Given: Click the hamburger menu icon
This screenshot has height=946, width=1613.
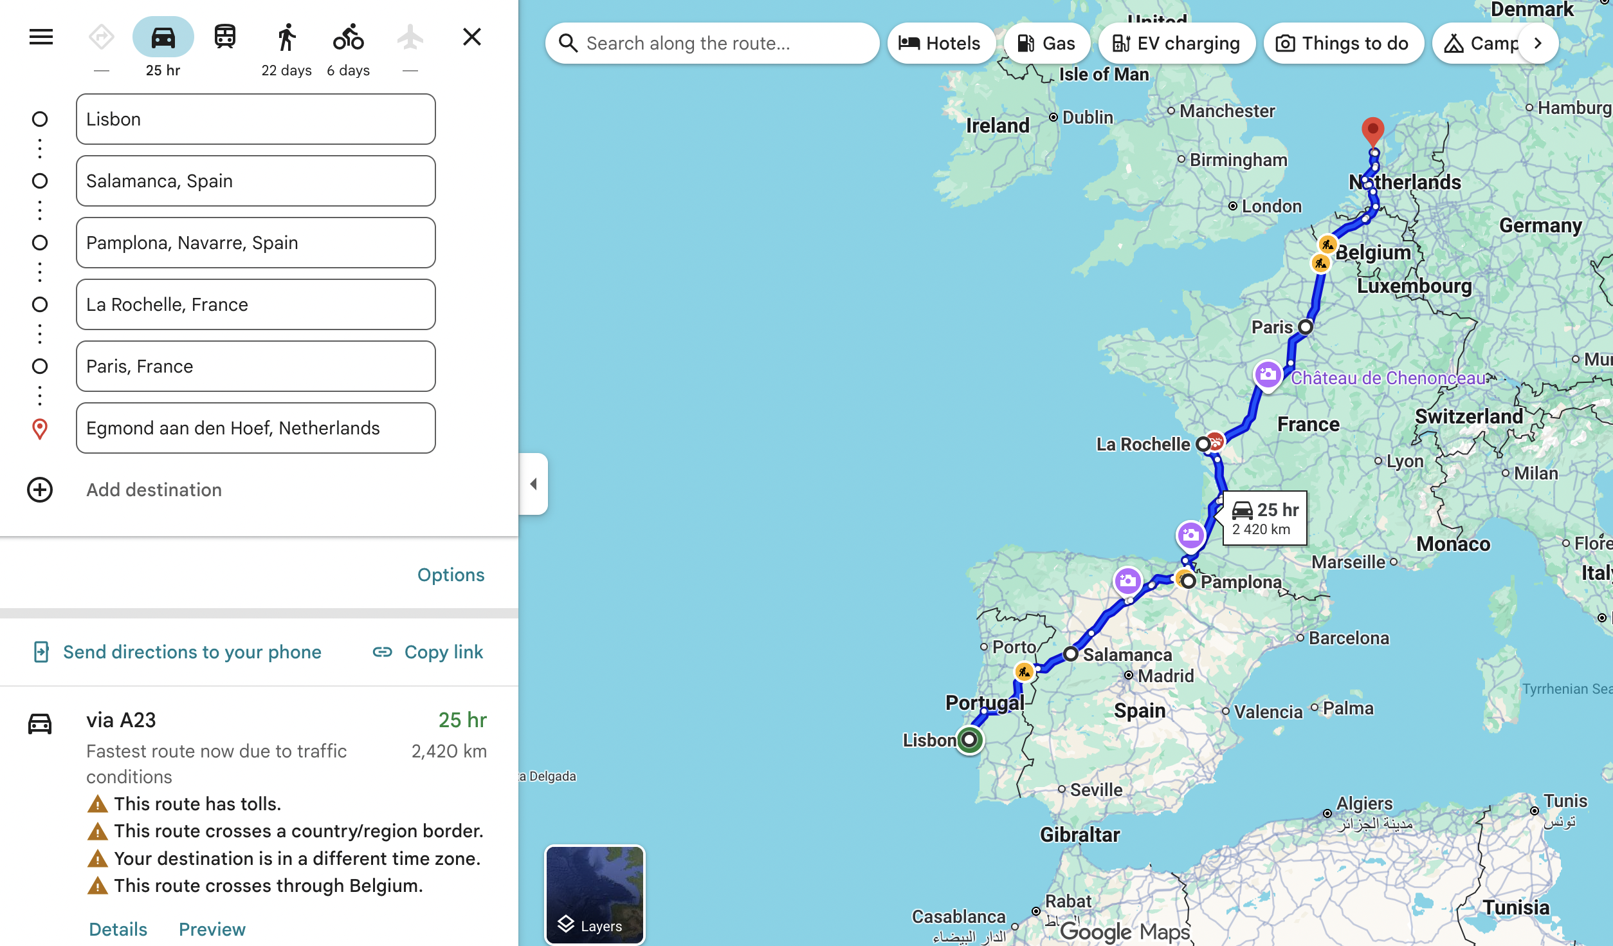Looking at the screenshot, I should click(41, 37).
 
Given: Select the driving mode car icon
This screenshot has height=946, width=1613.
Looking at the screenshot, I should click(163, 37).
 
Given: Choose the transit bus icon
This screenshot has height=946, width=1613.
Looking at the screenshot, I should click(224, 37).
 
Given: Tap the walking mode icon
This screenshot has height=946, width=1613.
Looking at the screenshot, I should click(287, 37).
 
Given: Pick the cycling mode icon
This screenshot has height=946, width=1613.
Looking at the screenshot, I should click(348, 37).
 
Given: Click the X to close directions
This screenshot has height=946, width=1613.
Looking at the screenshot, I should click(472, 37).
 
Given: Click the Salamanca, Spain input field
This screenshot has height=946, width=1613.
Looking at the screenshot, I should click(255, 181).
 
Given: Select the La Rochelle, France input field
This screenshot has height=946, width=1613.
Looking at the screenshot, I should click(255, 304).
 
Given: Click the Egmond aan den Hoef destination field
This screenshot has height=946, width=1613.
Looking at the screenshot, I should click(255, 428).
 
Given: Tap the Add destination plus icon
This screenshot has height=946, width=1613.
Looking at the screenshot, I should click(40, 490).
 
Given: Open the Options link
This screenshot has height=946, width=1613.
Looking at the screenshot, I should click(450, 575).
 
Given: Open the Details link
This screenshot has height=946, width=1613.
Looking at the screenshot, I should click(118, 929).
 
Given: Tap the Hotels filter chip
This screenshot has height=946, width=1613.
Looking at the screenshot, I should click(940, 43).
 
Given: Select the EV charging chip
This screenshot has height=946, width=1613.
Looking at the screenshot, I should click(1176, 43).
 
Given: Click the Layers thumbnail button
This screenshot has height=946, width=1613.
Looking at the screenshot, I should click(594, 895).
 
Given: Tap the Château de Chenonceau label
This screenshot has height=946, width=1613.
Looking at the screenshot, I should click(1388, 378).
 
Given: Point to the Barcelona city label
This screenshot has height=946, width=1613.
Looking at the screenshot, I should click(1349, 638).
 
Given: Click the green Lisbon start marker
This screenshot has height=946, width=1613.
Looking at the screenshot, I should click(969, 739).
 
